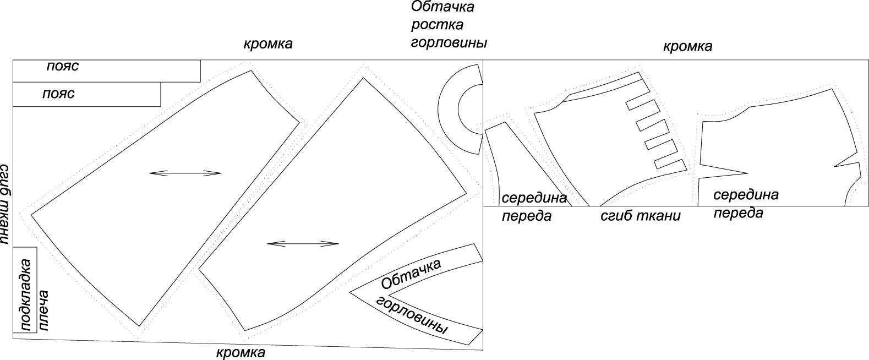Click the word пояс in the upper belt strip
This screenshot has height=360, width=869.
62,66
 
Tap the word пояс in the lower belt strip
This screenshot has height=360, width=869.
58,94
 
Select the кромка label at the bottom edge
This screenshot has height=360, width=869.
241,352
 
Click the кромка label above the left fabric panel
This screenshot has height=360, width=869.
268,43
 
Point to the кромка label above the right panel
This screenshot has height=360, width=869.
687,46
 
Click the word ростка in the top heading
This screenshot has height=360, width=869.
438,25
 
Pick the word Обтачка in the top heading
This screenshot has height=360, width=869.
442,7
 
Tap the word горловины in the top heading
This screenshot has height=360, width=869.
449,42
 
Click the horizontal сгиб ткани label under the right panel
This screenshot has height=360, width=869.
640,216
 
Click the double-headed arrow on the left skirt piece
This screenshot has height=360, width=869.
185,173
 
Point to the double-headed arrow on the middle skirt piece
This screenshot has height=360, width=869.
303,243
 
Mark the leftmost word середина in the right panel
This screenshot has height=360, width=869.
534,198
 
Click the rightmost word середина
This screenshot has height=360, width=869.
746,194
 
